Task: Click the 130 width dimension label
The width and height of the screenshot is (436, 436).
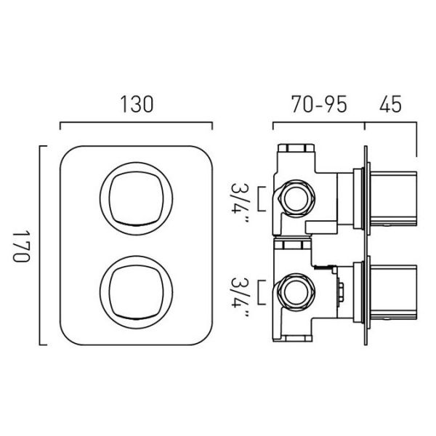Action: pyautogui.click(x=137, y=104)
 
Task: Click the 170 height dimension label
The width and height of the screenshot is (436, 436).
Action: pyautogui.click(x=21, y=246)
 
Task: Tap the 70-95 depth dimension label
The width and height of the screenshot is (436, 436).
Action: pyautogui.click(x=319, y=104)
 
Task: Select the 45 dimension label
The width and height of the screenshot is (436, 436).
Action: pyautogui.click(x=390, y=104)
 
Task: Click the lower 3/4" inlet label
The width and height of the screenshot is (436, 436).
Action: pyautogui.click(x=239, y=298)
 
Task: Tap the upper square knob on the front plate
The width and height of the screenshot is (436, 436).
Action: pyautogui.click(x=137, y=198)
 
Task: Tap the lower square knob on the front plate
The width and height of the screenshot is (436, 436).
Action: pyautogui.click(x=137, y=292)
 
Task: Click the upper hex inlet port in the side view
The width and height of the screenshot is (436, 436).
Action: pyautogui.click(x=296, y=198)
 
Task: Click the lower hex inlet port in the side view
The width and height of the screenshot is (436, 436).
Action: pyautogui.click(x=296, y=292)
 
